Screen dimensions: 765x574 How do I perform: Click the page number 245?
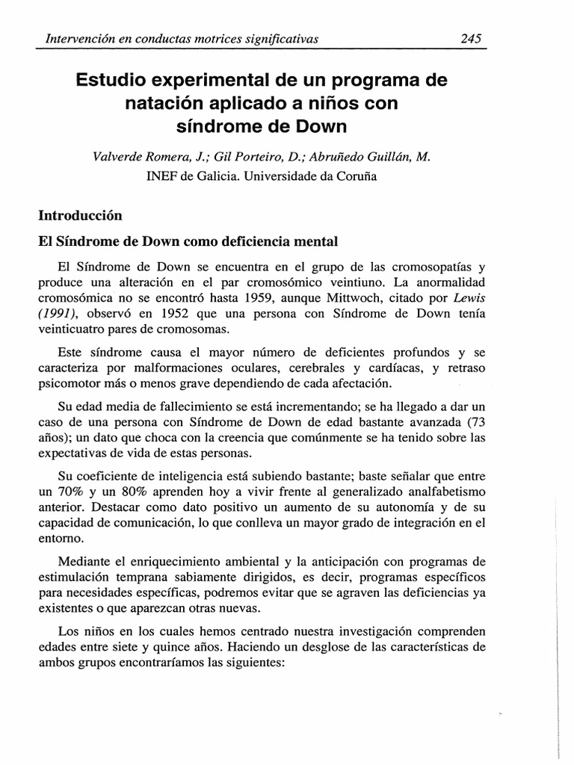pos(470,38)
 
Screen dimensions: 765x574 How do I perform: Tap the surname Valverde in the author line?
pos(117,157)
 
